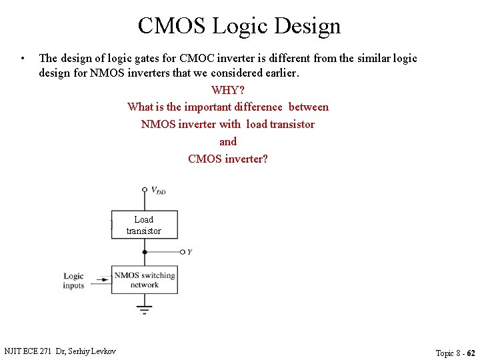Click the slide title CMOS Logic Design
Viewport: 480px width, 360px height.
click(239, 26)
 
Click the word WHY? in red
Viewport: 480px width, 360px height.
click(227, 90)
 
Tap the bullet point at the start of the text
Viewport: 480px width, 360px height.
click(23, 58)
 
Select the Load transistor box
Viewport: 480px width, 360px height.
click(144, 225)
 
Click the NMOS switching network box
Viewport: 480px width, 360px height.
click(144, 280)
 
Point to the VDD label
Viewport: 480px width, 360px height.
click(158, 191)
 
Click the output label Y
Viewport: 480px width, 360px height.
click(190, 252)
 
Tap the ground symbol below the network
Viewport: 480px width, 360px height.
click(144, 309)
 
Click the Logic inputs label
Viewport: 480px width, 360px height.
click(74, 281)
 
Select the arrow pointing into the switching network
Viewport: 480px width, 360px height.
click(103, 281)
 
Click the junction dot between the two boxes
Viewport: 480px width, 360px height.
click(144, 252)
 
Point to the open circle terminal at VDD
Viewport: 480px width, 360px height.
click(144, 189)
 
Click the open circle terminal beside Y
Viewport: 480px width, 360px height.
click(182, 252)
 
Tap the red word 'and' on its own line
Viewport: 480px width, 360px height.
click(228, 141)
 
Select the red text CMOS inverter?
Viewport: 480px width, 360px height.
click(228, 159)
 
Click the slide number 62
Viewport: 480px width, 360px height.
click(471, 353)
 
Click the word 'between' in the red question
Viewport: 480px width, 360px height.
click(309, 107)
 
